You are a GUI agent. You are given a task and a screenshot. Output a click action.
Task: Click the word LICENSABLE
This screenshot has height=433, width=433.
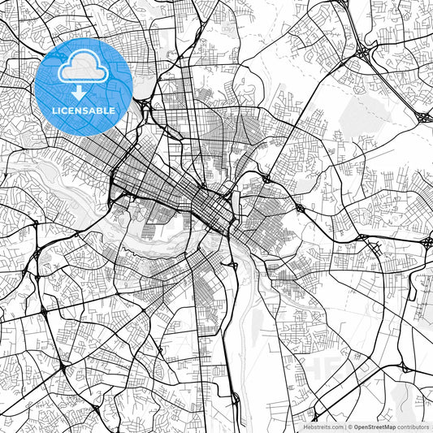tap(84, 110)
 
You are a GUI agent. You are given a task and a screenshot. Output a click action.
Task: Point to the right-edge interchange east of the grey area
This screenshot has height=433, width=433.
tap(424, 117)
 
